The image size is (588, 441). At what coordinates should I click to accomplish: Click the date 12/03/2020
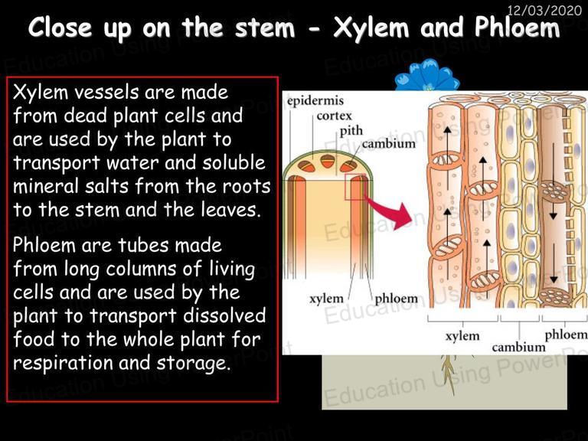pyautogui.click(x=544, y=10)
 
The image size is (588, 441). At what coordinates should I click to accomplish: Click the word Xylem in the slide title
pyautogui.click(x=371, y=28)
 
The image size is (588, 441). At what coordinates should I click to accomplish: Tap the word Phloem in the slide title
pyautogui.click(x=517, y=27)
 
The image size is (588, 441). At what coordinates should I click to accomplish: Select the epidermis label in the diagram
pyautogui.click(x=315, y=101)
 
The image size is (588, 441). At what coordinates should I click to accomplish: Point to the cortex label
pyautogui.click(x=334, y=116)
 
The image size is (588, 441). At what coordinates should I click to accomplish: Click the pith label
pyautogui.click(x=351, y=130)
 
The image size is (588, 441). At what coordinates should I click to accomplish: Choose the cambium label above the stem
pyautogui.click(x=388, y=144)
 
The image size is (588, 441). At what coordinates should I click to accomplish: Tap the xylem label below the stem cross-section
pyautogui.click(x=326, y=299)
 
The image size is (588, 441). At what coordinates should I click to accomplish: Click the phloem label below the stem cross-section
pyautogui.click(x=396, y=299)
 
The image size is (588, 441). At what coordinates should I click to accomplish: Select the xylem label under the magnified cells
pyautogui.click(x=462, y=335)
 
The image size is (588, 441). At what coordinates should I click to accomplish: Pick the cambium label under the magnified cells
pyautogui.click(x=518, y=348)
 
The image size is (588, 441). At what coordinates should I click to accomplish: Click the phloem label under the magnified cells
pyautogui.click(x=567, y=335)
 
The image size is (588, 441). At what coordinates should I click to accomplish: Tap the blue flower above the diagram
pyautogui.click(x=427, y=76)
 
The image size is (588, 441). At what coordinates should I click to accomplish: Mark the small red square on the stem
pyautogui.click(x=354, y=187)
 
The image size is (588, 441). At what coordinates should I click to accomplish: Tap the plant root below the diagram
pyautogui.click(x=449, y=373)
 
